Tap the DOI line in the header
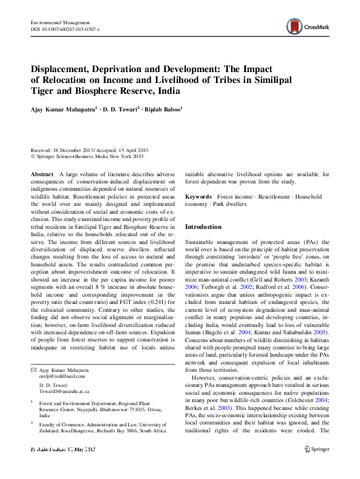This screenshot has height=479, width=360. [x=65, y=29]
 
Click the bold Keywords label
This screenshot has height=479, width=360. [x=198, y=197]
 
